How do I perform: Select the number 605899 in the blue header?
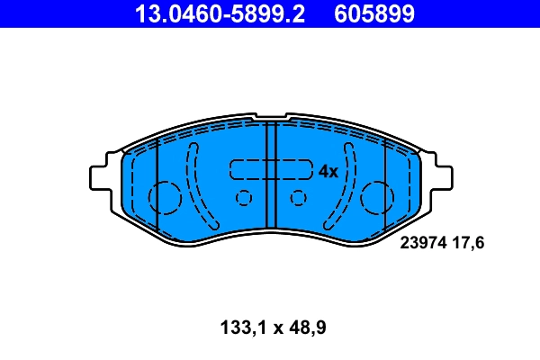point(376,13)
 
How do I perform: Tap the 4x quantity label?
point(328,171)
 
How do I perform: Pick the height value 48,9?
point(305,328)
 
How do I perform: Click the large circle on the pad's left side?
point(164,195)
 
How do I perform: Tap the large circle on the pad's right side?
point(377,195)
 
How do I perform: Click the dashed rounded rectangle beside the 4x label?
point(270,170)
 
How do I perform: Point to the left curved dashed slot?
point(193,184)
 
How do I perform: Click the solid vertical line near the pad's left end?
point(157,184)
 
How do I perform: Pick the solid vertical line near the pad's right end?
point(384,184)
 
